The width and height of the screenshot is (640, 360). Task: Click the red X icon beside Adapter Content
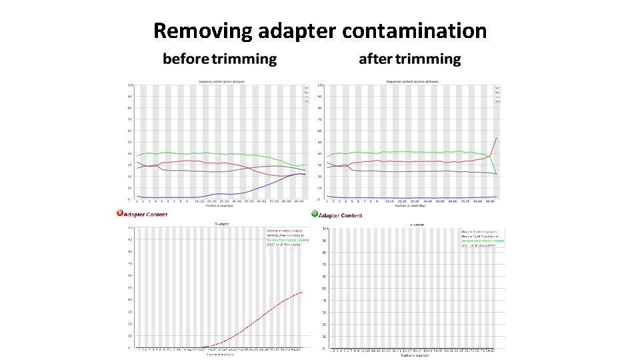[x=120, y=213]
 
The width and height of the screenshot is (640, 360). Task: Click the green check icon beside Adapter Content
[x=314, y=214]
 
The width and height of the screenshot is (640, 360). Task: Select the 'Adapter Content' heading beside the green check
[x=341, y=215]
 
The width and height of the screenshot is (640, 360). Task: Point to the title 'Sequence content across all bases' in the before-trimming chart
[x=221, y=81]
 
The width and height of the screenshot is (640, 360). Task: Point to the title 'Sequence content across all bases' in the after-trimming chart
[x=409, y=81]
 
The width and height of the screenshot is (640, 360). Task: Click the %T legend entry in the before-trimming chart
[x=307, y=87]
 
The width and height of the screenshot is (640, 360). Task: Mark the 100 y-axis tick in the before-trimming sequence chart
[x=131, y=85]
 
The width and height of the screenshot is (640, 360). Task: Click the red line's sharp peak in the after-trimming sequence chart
[x=497, y=138]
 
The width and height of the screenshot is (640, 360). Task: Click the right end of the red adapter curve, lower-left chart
[x=303, y=292]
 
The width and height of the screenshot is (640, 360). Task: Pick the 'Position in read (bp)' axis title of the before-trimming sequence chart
[x=221, y=206]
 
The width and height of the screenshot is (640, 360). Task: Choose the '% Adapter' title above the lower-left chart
[x=223, y=224]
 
